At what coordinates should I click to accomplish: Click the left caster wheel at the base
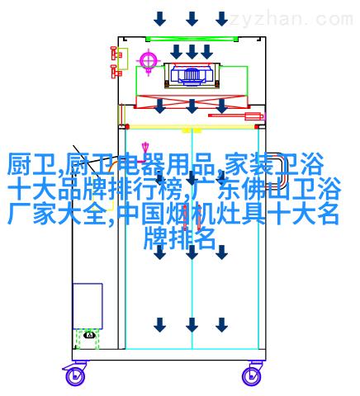click(74, 375)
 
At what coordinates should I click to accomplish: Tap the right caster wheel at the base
click(252, 375)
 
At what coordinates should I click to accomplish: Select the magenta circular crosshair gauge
click(149, 59)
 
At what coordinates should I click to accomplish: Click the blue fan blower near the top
click(192, 74)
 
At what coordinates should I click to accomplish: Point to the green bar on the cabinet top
click(192, 39)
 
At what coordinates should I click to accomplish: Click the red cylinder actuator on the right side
click(237, 115)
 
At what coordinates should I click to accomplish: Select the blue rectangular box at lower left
click(88, 306)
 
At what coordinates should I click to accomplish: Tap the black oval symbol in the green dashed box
click(89, 335)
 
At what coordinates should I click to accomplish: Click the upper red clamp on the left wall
click(116, 54)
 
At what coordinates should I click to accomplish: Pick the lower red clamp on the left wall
click(116, 71)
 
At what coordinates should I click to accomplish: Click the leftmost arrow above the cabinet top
click(159, 19)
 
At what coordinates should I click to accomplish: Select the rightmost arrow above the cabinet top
click(221, 19)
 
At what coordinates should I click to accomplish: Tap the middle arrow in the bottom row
click(192, 325)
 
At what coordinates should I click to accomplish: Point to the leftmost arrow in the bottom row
click(159, 325)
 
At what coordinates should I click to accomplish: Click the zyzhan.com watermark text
click(291, 20)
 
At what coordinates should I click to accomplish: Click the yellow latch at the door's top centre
click(192, 130)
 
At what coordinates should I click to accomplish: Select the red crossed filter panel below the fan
click(192, 101)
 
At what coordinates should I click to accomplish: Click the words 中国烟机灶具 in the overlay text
click(191, 214)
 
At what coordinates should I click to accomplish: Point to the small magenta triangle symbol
click(145, 146)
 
